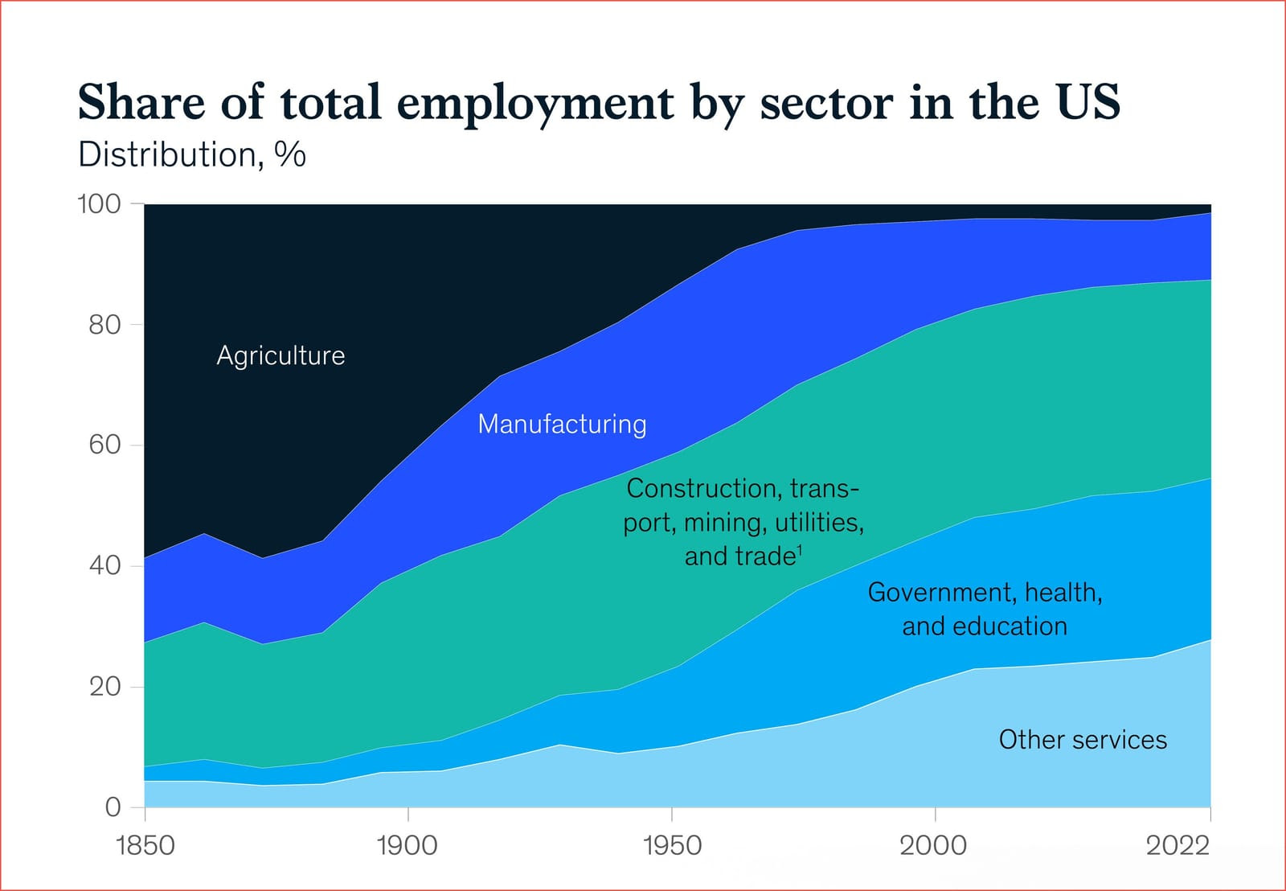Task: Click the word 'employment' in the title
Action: [x=535, y=104]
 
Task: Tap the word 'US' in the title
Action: [x=1088, y=102]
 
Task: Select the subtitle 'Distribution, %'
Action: [x=191, y=154]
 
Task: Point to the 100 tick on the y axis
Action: [x=99, y=204]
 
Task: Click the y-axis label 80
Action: [x=104, y=325]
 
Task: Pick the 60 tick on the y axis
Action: [x=104, y=445]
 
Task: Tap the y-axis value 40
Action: [x=104, y=565]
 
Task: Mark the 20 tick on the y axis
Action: [x=104, y=686]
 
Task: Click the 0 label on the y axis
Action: [x=113, y=807]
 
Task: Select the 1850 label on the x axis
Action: [x=145, y=845]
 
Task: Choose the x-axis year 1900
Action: [x=408, y=845]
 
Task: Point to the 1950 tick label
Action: [x=672, y=845]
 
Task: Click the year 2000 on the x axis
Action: [x=933, y=845]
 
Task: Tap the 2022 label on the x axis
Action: [x=1177, y=845]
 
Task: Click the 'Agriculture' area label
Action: [x=281, y=355]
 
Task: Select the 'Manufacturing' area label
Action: [x=562, y=424]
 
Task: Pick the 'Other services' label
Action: [x=1083, y=740]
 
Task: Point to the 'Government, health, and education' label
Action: [x=985, y=609]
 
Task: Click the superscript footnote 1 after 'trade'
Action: [x=800, y=549]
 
